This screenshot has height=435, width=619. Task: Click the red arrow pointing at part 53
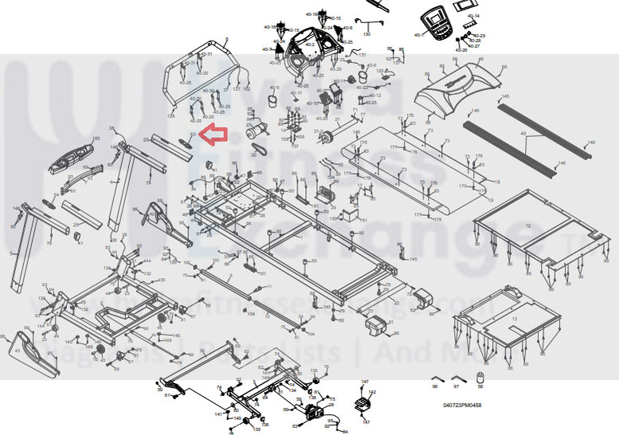pos(213,136)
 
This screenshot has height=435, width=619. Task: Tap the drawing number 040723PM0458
pos(462,405)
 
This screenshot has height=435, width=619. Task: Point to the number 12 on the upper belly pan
pos(527,226)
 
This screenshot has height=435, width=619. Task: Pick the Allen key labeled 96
pos(436,378)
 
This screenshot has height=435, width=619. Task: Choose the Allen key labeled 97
pos(457,378)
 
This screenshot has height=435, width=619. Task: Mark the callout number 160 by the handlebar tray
pos(96,139)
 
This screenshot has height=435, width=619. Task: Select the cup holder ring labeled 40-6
pos(365,74)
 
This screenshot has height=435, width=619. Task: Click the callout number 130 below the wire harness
pos(367,34)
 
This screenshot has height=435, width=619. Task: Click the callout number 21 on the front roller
pos(316,131)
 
